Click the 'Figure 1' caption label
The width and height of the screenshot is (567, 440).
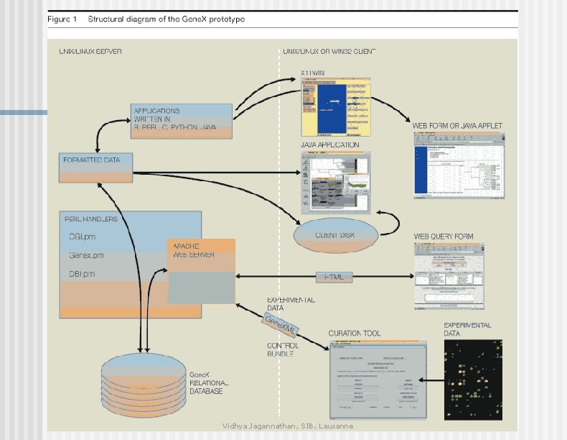pyautogui.click(x=63, y=19)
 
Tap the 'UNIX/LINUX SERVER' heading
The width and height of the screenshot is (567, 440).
pyautogui.click(x=90, y=52)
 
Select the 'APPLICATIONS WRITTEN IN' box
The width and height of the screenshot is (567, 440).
pyautogui.click(x=182, y=121)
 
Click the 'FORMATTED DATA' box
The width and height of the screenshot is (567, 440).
pyautogui.click(x=97, y=168)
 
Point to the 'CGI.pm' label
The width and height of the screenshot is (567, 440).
pyautogui.click(x=83, y=237)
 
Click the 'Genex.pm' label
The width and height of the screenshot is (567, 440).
pyautogui.click(x=87, y=255)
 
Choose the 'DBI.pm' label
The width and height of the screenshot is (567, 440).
pyautogui.click(x=83, y=274)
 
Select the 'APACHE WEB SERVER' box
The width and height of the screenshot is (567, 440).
pyautogui.click(x=201, y=270)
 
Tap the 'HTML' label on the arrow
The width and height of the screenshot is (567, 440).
pyautogui.click(x=334, y=277)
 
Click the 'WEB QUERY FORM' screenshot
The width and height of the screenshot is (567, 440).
pyautogui.click(x=454, y=275)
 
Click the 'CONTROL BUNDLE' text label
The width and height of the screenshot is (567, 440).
pyautogui.click(x=283, y=350)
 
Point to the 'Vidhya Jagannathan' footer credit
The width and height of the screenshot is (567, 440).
pyautogui.click(x=287, y=426)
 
